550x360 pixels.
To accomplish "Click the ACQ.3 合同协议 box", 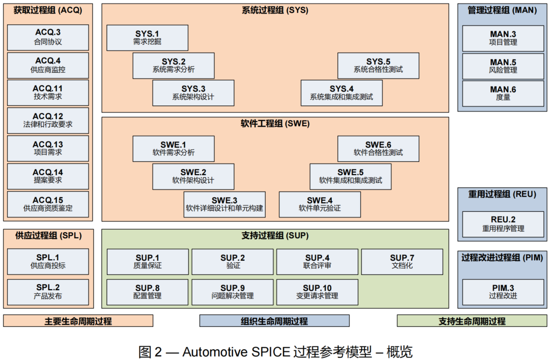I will point(48,37).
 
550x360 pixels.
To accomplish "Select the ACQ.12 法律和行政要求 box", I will point(48,120).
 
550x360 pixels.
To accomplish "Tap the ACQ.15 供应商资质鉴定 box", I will point(48,204).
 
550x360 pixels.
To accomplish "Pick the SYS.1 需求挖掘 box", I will point(147,38).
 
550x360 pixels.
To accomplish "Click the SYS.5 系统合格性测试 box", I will point(378,66).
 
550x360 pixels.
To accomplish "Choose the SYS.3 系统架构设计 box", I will point(193,93).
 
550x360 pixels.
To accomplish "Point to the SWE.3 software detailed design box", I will point(224,204).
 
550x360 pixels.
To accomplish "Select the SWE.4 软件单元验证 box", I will point(320,204).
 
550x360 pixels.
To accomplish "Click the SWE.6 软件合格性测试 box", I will point(378,149).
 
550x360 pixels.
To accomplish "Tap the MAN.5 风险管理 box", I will point(503,66).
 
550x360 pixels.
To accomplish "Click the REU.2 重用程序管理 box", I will point(503,225).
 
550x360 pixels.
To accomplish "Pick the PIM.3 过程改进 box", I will point(503,292).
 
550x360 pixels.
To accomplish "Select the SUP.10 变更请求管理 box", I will point(317,292).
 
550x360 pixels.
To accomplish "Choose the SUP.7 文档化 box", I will point(402,262).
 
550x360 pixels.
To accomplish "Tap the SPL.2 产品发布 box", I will point(48,292).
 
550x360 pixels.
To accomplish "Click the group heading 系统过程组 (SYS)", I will point(275,10).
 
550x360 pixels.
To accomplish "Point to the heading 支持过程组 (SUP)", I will point(275,236).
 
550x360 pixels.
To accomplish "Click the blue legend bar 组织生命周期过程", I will point(274,321).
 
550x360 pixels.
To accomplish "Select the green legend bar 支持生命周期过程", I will point(472,321).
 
